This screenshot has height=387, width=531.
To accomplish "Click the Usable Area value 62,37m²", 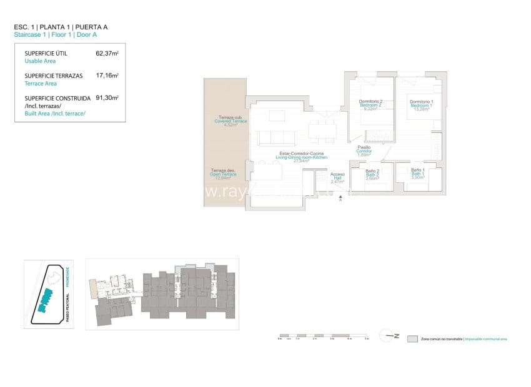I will [x=107, y=54].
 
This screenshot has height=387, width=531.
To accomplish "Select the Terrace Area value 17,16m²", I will [x=107, y=76].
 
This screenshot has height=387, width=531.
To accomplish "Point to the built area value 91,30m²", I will [x=107, y=98].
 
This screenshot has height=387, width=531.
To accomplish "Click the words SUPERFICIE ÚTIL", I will [x=46, y=54].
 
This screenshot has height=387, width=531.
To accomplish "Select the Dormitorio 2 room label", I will [x=370, y=102].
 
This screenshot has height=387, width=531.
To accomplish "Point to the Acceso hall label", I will [x=337, y=175].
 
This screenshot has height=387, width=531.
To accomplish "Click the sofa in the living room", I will [x=273, y=137].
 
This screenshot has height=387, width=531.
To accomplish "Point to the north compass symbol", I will [x=392, y=336].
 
